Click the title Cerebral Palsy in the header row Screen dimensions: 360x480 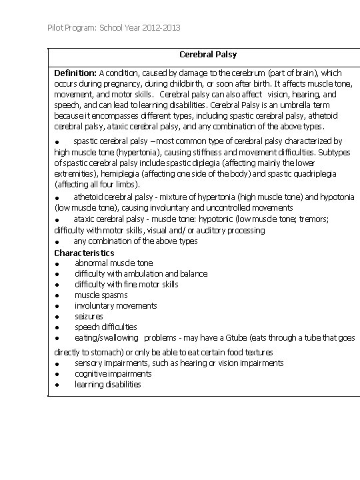tap(208, 54)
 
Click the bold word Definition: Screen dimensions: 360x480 tap(75, 73)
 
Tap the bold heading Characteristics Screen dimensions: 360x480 tap(84, 253)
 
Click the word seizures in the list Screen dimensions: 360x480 tap(89, 316)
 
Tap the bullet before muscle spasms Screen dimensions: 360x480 tap(59, 295)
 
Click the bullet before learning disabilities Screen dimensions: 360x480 tap(59, 385)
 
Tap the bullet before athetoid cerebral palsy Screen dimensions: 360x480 tap(59, 197)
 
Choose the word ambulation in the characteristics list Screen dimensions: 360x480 tap(141, 273)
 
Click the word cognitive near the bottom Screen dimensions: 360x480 tap(91, 373)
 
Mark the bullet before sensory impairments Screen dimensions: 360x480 tap(59, 363)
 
